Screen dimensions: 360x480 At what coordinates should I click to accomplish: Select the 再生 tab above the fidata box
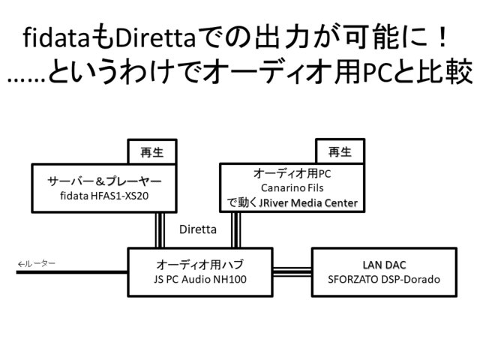(151, 151)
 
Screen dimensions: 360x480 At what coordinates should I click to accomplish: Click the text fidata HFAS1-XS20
(104, 195)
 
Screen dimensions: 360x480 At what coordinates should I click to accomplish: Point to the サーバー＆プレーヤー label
(104, 180)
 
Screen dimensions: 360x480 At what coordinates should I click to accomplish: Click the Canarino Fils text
(292, 187)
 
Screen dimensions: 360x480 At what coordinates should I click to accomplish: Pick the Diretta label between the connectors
(198, 230)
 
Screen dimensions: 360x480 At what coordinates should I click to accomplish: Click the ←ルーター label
(37, 264)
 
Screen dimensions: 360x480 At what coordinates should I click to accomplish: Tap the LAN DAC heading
(383, 265)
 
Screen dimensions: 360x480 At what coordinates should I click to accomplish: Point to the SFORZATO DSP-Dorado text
(383, 280)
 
